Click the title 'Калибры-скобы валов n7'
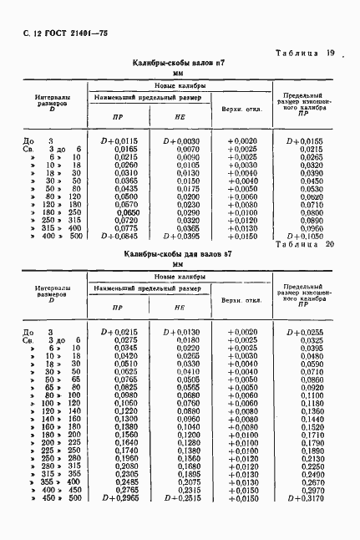click(x=177, y=64)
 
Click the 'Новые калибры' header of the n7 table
click(x=180, y=86)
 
